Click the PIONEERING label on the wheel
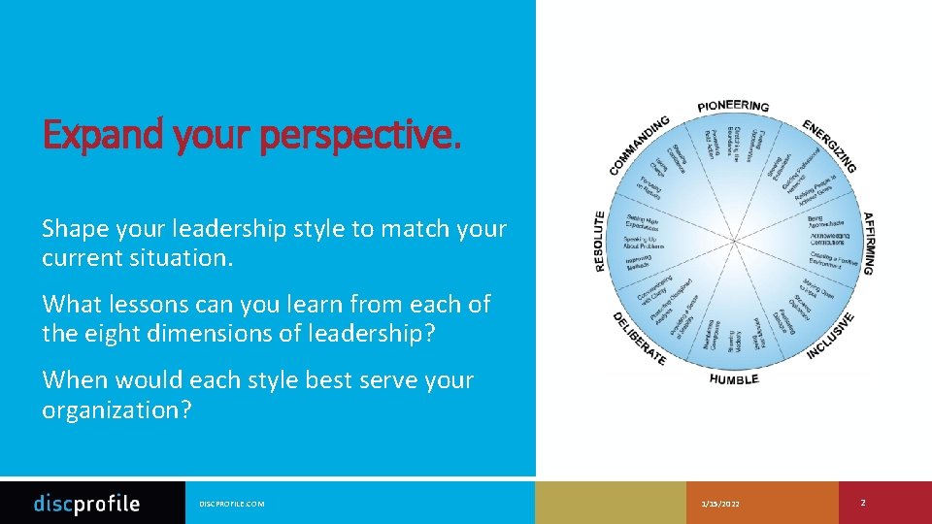733,106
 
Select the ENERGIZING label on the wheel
830,147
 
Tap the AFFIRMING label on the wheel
868,243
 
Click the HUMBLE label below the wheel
734,378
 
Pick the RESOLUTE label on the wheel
600,242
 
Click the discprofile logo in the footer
87,503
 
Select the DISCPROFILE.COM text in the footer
231,504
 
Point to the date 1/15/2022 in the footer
719,504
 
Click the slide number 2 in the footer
863,503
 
